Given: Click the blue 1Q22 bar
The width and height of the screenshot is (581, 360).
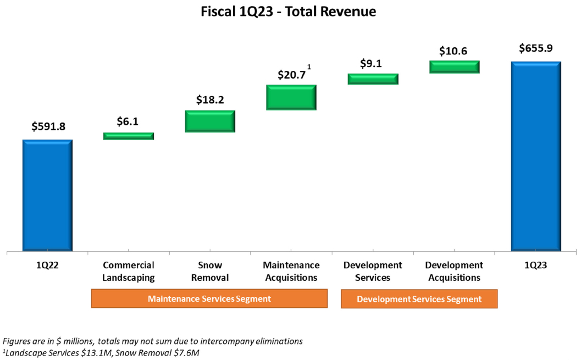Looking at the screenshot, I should tap(47, 195).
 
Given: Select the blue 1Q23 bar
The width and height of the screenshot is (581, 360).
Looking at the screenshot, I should tap(536, 156).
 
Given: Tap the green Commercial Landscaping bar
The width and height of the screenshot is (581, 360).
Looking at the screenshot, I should tap(129, 136).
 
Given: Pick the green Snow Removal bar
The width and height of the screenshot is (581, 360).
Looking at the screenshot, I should tap(210, 121).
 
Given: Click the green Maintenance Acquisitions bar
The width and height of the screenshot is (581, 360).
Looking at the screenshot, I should tap(291, 98).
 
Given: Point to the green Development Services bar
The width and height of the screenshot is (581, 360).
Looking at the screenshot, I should tap(373, 79).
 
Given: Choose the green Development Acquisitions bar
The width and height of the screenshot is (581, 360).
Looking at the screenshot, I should tap(455, 67).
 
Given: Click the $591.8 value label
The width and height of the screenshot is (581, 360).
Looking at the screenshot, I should tap(48, 126).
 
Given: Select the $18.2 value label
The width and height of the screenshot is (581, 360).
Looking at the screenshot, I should tap(210, 100).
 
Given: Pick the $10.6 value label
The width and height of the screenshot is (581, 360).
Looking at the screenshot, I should tap(453, 51).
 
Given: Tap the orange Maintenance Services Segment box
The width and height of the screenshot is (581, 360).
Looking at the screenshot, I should tap(209, 299).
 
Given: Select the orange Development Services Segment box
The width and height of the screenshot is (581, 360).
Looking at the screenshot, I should tap(419, 299).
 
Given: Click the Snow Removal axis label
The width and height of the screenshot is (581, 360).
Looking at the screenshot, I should tap(210, 272).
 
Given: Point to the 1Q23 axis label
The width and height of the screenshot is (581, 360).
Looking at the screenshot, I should tap(535, 265).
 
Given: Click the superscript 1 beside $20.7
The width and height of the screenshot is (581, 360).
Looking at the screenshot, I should tap(309, 67).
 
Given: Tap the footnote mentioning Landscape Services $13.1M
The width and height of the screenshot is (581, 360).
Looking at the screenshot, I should tap(101, 352).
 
